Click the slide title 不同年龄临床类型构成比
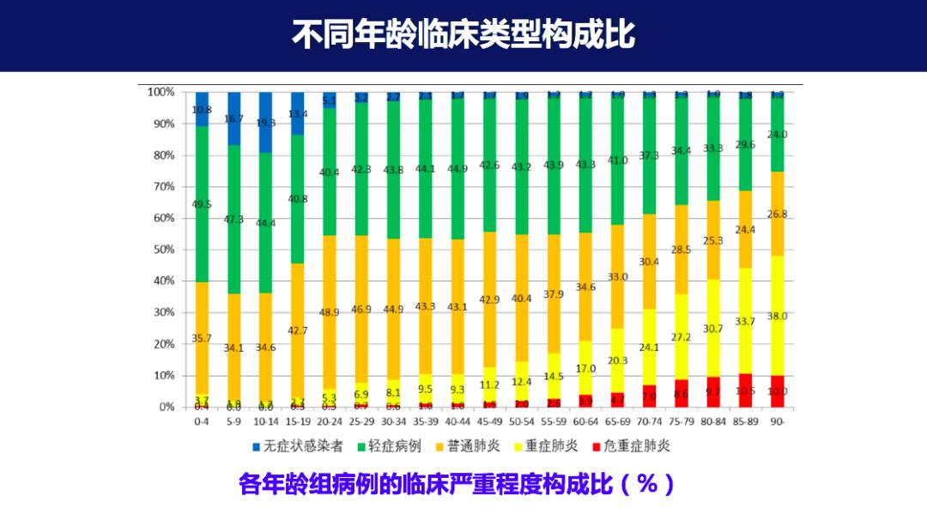click(463, 35)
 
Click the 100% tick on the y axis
click(161, 92)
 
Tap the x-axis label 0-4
click(202, 421)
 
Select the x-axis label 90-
click(777, 421)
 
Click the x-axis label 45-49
click(489, 421)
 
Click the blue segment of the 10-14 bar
click(266, 120)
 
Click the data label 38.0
click(777, 316)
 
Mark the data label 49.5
click(202, 204)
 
